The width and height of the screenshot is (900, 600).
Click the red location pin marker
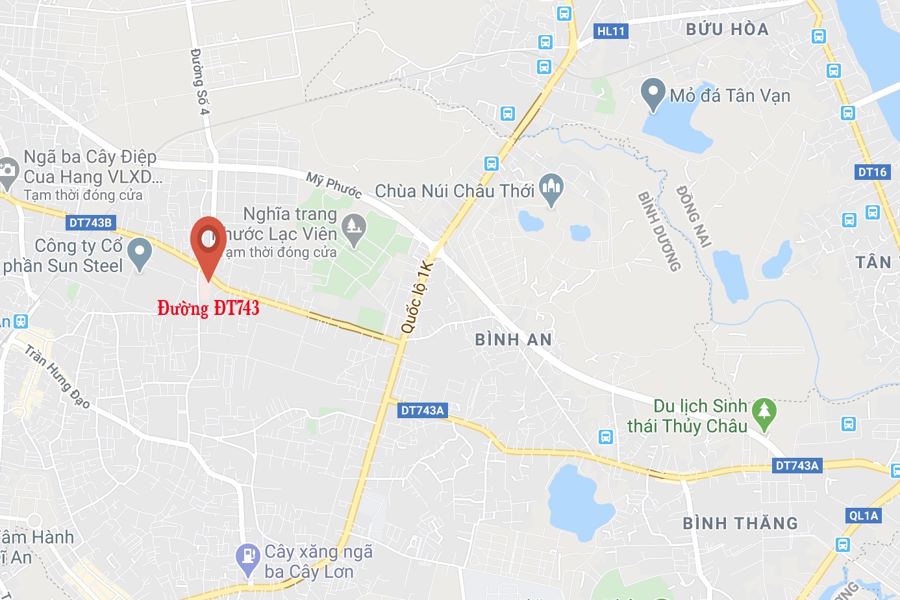tap(208, 240)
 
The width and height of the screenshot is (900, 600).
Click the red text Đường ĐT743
tap(208, 308)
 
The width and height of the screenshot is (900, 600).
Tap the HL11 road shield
tap(611, 31)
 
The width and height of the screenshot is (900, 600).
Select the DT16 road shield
tap(872, 172)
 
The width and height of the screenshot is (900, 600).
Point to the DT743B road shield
tap(90, 223)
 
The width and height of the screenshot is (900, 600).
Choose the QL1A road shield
tap(864, 516)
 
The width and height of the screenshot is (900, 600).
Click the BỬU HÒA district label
tap(727, 29)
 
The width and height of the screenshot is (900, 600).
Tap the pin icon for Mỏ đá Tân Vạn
tap(653, 94)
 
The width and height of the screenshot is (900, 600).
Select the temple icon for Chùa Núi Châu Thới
tap(551, 189)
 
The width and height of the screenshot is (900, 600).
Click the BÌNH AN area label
tap(514, 340)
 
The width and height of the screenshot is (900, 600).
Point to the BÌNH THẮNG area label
tap(740, 523)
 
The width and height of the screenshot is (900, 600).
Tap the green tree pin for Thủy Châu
tap(764, 413)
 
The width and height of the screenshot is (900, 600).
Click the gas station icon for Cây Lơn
tap(248, 558)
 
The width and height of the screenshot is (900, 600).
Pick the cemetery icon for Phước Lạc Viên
tap(354, 229)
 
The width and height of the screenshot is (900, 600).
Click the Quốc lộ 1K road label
tap(418, 297)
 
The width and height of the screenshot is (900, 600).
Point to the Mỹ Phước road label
tap(334, 185)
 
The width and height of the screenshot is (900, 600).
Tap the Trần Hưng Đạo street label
tap(57, 377)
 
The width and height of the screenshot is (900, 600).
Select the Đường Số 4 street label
tap(200, 81)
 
